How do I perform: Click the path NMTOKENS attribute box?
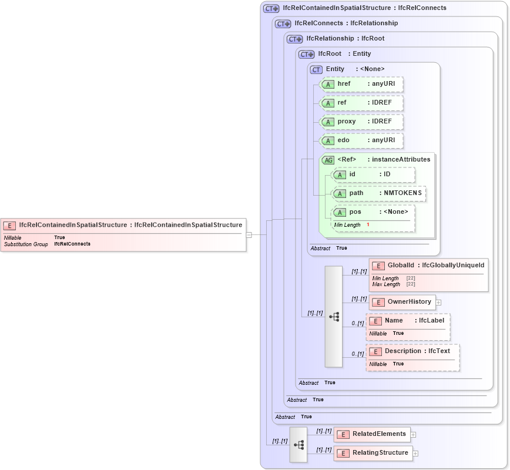coord(379,193)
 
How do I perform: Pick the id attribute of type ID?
coord(373,174)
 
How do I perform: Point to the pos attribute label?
coord(355,212)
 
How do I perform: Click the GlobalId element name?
coord(402,266)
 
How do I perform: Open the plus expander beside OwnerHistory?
coord(438,303)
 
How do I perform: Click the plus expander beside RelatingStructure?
coord(415,453)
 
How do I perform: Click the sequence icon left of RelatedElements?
coord(298,444)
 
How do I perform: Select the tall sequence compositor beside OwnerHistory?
coord(334,317)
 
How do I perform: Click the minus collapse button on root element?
coord(249,234)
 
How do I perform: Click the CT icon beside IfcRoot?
coord(307,54)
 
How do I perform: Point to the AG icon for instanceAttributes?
coord(328,160)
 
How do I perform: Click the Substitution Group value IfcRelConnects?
coord(72,244)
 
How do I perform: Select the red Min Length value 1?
coord(368,225)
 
